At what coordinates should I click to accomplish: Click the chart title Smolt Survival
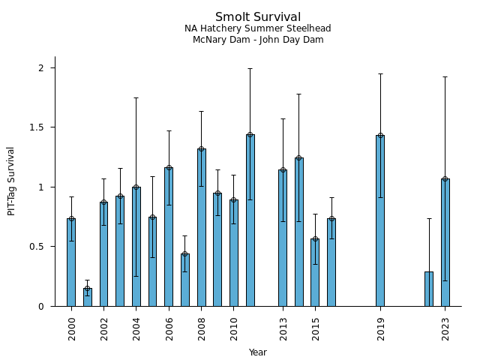258,17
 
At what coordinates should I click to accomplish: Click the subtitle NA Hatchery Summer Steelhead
258,28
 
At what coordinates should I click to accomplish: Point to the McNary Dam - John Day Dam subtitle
258,40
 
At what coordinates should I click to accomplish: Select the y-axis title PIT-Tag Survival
11,181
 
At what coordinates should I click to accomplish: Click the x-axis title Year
258,352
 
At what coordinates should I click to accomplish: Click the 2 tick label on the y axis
43,68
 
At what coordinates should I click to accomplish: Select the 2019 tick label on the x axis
380,327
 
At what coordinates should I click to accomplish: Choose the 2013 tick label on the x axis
283,327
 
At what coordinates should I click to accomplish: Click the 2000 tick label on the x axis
72,327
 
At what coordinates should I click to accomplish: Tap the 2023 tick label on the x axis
445,327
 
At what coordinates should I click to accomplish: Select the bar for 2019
380,221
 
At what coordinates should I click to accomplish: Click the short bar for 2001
88,298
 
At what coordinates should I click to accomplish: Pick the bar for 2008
202,227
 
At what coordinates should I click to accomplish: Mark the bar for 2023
445,242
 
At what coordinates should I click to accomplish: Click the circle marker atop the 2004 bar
136,187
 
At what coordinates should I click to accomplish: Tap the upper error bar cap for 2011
250,69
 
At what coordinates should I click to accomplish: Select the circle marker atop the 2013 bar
283,170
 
